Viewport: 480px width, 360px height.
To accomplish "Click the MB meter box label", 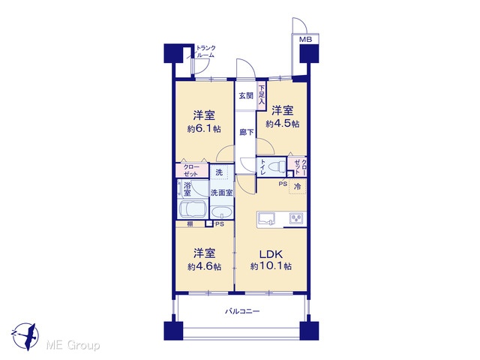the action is coord(305,40).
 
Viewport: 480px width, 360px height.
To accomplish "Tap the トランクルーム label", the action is coord(205,52).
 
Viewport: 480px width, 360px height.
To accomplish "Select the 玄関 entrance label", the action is coord(246,96).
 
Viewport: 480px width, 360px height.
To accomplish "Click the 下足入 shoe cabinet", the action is coord(262,95).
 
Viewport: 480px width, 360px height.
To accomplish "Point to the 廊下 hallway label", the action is coord(247,132).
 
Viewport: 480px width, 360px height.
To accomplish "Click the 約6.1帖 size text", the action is coord(204,129).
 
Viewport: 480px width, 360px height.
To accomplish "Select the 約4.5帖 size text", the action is coord(283,124).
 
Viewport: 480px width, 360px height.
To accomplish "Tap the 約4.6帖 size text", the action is coord(205,267).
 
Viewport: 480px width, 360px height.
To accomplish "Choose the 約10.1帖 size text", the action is coord(271,266).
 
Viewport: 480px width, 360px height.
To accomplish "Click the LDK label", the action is coord(271,254).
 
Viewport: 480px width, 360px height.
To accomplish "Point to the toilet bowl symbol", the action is coord(276,167).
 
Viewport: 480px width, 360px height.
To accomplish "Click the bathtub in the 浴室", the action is coord(193,209).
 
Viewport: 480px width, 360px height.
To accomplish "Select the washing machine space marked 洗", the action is coord(219,172).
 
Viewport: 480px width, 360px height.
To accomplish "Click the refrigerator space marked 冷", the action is coord(297,187).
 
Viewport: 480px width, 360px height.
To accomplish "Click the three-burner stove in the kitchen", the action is coord(296,218).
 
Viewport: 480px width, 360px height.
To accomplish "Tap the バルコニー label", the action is coord(242,312).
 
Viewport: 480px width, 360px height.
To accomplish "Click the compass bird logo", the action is coord(25,336).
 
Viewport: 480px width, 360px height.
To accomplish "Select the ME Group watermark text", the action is coord(73,345).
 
